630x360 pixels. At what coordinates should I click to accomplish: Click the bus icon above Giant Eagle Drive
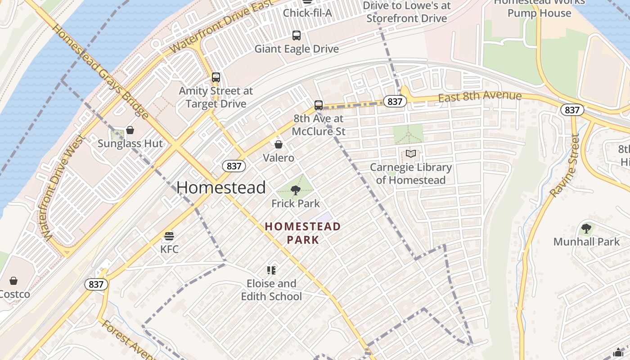(x=296, y=35)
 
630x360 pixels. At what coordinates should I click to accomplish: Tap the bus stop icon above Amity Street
(x=216, y=77)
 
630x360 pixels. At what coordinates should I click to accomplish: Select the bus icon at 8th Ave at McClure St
(x=319, y=105)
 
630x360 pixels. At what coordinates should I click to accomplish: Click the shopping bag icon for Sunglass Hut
(x=130, y=130)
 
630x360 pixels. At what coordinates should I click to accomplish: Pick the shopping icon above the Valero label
(x=279, y=144)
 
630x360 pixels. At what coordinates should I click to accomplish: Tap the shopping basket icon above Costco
(x=13, y=281)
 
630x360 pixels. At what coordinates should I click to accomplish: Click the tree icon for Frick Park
(x=296, y=190)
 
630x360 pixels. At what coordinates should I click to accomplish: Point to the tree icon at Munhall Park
(x=586, y=229)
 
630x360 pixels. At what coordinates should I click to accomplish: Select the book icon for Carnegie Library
(x=410, y=154)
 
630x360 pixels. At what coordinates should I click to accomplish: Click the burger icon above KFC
(x=169, y=236)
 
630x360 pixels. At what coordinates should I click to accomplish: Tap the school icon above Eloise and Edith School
(x=271, y=270)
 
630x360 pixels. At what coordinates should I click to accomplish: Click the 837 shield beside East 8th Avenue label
(x=395, y=102)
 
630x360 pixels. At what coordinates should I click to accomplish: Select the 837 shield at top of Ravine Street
(x=572, y=110)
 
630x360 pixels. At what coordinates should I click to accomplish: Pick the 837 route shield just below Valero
(x=234, y=166)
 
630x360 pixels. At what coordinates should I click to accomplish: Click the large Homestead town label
(x=221, y=187)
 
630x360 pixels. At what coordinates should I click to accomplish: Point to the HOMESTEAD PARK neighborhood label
(x=303, y=233)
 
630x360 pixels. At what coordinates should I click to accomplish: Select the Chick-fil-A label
(x=307, y=13)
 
